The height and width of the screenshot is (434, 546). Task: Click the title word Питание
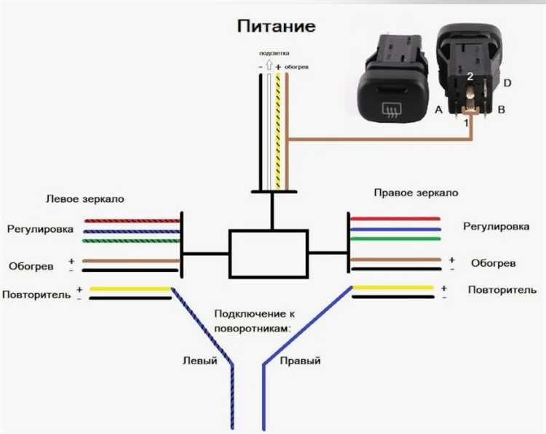point(276,27)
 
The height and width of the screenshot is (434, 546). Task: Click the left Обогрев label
point(31,266)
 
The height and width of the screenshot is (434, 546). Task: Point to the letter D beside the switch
point(507,83)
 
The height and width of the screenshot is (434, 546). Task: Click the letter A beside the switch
point(438,110)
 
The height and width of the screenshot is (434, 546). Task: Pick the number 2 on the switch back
point(470,76)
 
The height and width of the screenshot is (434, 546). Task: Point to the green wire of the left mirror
point(132,240)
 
